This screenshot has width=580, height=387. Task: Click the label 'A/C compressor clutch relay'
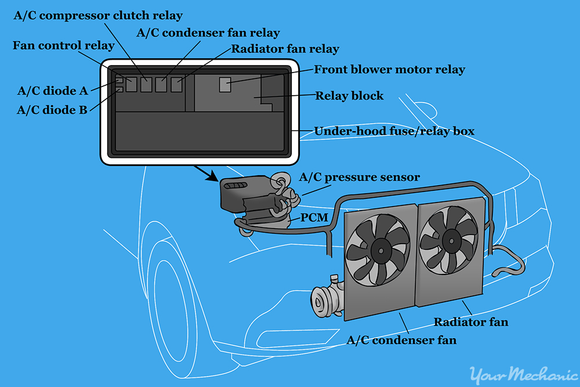tap(97, 16)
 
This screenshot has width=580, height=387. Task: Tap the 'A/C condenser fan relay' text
tap(208, 32)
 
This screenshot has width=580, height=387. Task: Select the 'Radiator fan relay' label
tap(285, 49)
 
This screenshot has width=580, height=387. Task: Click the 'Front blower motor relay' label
tap(389, 70)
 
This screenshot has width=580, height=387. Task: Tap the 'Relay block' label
tap(349, 96)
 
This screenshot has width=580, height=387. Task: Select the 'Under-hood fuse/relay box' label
tap(394, 131)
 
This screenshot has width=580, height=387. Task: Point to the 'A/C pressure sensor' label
tap(360, 177)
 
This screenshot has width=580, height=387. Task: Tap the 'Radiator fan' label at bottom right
tap(472, 321)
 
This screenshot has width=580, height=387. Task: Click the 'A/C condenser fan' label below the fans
tap(401, 340)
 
